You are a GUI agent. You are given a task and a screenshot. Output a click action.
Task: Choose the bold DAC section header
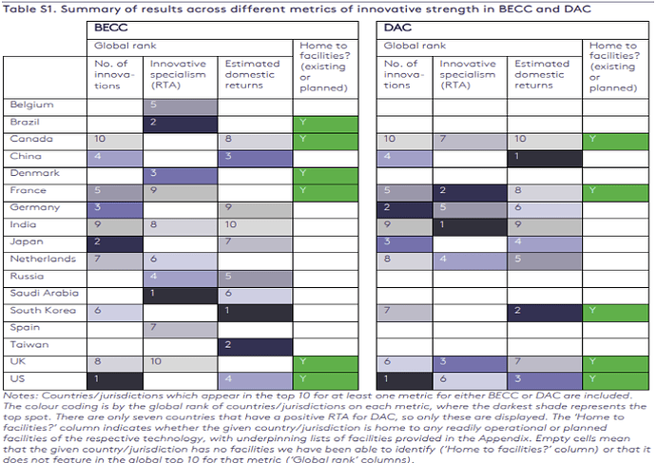pyautogui.click(x=398, y=29)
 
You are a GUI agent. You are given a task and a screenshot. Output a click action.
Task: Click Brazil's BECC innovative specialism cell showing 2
pyautogui.click(x=181, y=122)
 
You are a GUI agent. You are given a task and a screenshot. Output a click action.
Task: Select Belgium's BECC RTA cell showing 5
pyautogui.click(x=181, y=105)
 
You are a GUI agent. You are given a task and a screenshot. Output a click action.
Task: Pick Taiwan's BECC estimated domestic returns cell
pyautogui.click(x=257, y=345)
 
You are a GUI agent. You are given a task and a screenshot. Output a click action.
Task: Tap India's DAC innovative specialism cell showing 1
pyautogui.click(x=472, y=225)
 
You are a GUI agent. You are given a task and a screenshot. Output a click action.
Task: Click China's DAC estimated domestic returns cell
pyautogui.click(x=546, y=156)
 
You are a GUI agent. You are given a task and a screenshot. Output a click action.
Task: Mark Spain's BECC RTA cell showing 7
pyautogui.click(x=181, y=328)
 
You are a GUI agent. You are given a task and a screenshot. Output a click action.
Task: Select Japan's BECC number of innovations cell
pyautogui.click(x=116, y=242)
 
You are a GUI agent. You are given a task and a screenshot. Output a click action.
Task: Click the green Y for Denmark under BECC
pyautogui.click(x=327, y=173)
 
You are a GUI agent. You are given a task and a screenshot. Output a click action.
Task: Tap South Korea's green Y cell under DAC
pyautogui.click(x=617, y=311)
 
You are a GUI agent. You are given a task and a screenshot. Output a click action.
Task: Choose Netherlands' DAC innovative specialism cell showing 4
pyautogui.click(x=472, y=260)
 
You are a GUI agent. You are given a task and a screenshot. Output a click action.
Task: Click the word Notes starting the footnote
pyautogui.click(x=20, y=395)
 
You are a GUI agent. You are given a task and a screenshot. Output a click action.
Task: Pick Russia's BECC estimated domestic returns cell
pyautogui.click(x=257, y=277)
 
